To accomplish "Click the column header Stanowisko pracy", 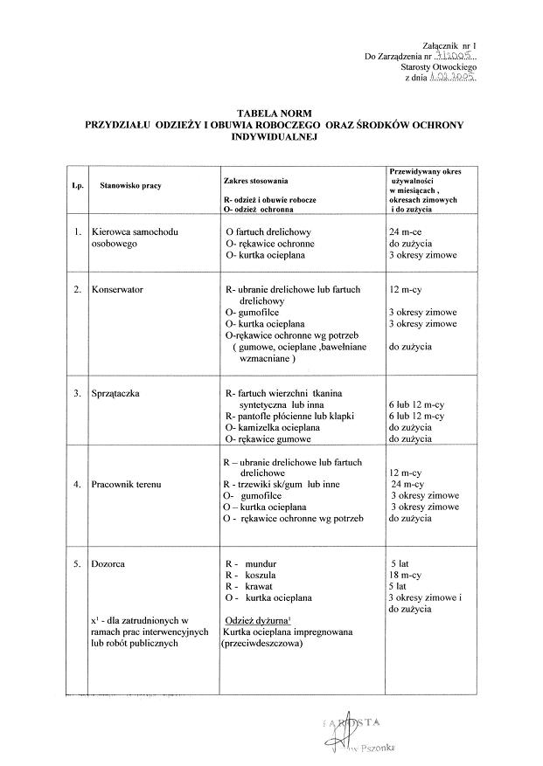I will pos(130,185).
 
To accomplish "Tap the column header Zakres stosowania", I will pos(255,179).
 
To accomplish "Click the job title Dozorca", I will pos(108,563).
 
